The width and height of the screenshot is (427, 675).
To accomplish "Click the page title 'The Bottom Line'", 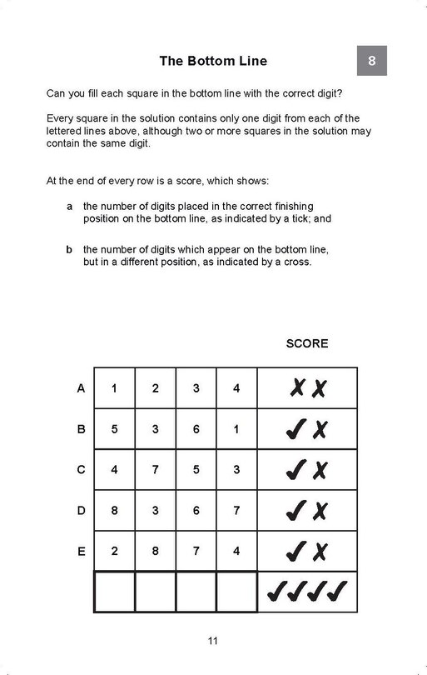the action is pyautogui.click(x=213, y=61).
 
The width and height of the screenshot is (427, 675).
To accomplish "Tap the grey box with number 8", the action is pyautogui.click(x=371, y=61).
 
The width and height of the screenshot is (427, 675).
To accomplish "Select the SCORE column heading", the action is pyautogui.click(x=307, y=343).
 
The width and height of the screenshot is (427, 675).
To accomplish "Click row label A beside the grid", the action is pyautogui.click(x=81, y=388).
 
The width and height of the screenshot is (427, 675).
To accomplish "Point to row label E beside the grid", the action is pyautogui.click(x=81, y=552).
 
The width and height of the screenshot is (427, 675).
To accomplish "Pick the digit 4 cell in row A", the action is pyautogui.click(x=237, y=388).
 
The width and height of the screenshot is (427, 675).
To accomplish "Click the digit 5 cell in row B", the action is pyautogui.click(x=114, y=429).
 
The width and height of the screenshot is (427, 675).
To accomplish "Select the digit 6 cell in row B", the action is pyautogui.click(x=196, y=429).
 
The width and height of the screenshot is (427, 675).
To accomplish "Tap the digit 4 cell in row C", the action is pyautogui.click(x=114, y=470).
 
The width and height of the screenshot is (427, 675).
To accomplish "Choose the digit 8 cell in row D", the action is pyautogui.click(x=114, y=511).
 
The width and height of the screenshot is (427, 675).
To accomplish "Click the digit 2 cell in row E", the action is pyautogui.click(x=114, y=552).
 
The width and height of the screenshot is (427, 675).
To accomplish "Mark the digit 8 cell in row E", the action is pyautogui.click(x=156, y=552).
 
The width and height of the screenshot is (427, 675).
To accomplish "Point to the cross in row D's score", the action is pyautogui.click(x=320, y=511).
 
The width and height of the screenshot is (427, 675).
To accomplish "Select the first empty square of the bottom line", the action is pyautogui.click(x=114, y=592).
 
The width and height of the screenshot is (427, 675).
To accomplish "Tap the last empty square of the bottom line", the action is pyautogui.click(x=237, y=592).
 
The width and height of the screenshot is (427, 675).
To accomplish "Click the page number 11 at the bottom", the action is pyautogui.click(x=213, y=641).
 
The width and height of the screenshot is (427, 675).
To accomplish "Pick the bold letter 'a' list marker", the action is pyautogui.click(x=69, y=206).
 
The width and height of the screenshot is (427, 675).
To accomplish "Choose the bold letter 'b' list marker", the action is pyautogui.click(x=69, y=248).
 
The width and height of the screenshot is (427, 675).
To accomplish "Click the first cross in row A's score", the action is pyautogui.click(x=295, y=388).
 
